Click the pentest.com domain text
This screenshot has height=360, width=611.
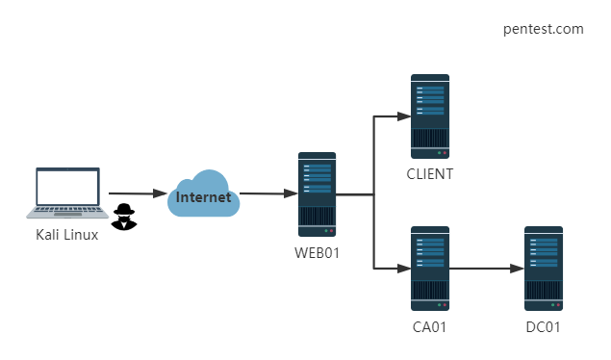click(544, 29)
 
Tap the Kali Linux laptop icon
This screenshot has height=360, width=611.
click(67, 193)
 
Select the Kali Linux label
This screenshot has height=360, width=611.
click(67, 235)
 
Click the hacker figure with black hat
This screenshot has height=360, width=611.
click(124, 217)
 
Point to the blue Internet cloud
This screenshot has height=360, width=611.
click(203, 193)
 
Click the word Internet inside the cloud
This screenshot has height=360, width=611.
click(203, 197)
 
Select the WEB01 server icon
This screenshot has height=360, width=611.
click(317, 194)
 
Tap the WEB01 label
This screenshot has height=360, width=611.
click(317, 253)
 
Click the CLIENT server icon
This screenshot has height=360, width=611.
click(430, 116)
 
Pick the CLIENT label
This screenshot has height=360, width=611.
click(430, 174)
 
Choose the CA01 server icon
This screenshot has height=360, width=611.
click(430, 269)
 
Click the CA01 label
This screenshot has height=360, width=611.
click(429, 327)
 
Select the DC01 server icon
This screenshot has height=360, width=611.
click(544, 269)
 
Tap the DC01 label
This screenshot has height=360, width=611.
click(543, 327)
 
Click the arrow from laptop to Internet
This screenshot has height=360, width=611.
click(138, 193)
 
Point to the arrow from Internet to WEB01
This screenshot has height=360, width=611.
click(268, 193)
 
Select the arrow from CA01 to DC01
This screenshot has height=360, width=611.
click(487, 269)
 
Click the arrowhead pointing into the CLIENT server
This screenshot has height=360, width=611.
click(404, 116)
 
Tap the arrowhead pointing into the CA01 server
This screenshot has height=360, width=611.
click(404, 269)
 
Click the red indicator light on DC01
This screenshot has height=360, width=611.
click(558, 305)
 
